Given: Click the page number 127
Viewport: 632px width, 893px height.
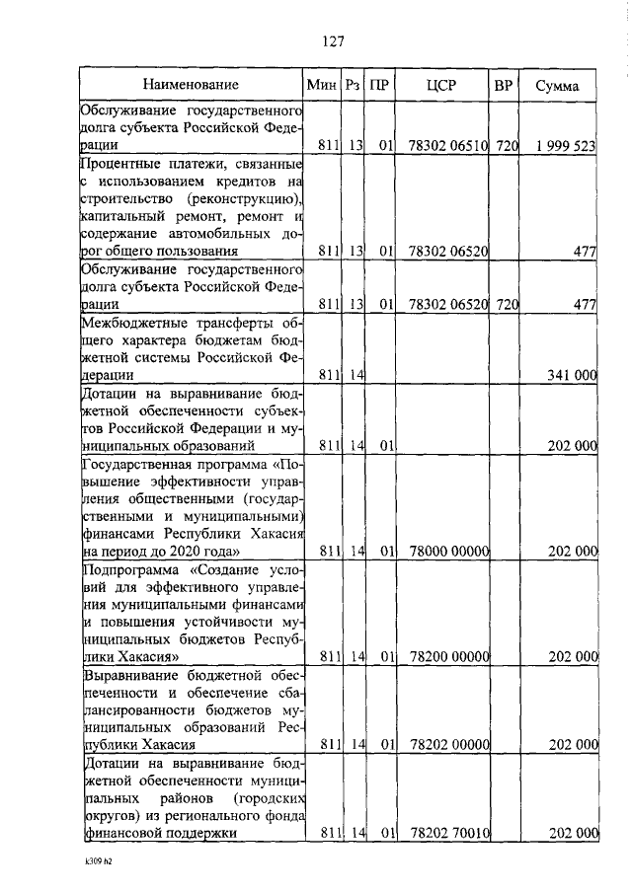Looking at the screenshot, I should coord(332,41).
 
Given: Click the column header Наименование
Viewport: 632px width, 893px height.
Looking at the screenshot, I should coord(190,86).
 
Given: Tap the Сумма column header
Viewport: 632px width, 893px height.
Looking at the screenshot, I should coord(557,86).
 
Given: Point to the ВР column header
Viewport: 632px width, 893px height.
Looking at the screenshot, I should coord(503,86).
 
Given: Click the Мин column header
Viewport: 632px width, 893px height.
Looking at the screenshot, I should coord(322,86).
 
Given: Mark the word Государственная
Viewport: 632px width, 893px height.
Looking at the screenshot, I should coord(143,463).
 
